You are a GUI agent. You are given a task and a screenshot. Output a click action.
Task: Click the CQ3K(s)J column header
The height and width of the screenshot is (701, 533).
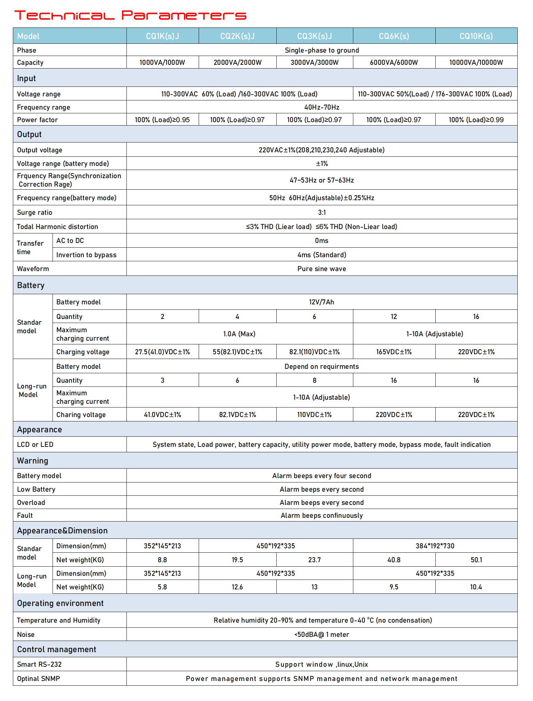pyautogui.click(x=314, y=36)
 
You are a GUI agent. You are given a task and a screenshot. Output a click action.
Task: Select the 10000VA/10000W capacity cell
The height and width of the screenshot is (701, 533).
pyautogui.click(x=476, y=62)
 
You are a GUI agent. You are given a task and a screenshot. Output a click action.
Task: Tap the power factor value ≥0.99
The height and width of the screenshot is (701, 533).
pyautogui.click(x=476, y=120)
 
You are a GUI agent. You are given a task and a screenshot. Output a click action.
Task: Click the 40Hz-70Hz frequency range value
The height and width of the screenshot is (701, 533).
pyautogui.click(x=321, y=107)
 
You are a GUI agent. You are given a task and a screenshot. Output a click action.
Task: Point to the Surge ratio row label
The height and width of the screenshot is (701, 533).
pyautogui.click(x=35, y=212)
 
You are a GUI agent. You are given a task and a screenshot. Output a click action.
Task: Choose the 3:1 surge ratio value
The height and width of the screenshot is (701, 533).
pyautogui.click(x=321, y=212)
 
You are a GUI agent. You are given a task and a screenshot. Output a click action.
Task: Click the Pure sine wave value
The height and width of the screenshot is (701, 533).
pyautogui.click(x=321, y=269)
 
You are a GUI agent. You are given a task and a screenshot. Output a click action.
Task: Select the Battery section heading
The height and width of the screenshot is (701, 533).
pyautogui.click(x=31, y=285)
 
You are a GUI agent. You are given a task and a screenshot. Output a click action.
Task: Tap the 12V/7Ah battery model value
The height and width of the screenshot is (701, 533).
pyautogui.click(x=321, y=302)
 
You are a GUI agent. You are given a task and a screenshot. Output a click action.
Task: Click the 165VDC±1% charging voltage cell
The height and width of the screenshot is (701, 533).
pyautogui.click(x=394, y=352)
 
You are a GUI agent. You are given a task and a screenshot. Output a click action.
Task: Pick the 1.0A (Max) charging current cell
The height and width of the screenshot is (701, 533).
pyautogui.click(x=239, y=334)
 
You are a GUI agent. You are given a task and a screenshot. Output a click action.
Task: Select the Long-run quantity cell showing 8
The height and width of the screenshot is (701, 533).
pyautogui.click(x=314, y=380)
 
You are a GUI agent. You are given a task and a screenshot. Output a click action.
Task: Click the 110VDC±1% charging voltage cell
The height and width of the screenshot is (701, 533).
pyautogui.click(x=314, y=415)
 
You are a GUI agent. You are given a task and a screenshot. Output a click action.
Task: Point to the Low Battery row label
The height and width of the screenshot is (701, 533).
pyautogui.click(x=36, y=489)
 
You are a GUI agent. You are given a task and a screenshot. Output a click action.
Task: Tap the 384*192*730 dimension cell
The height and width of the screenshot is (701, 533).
pyautogui.click(x=435, y=546)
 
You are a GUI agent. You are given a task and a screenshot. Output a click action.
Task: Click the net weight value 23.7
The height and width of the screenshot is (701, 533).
pyautogui.click(x=314, y=560)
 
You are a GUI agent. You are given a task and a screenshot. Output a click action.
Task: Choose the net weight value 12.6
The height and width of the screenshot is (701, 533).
pyautogui.click(x=237, y=587)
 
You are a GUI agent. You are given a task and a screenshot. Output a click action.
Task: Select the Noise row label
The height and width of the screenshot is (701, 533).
pyautogui.click(x=26, y=634)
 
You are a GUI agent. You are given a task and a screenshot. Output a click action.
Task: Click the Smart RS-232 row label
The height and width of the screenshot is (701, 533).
pyautogui.click(x=39, y=664)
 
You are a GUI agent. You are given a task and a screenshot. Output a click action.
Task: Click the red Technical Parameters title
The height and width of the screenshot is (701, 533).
pyautogui.click(x=130, y=15)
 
